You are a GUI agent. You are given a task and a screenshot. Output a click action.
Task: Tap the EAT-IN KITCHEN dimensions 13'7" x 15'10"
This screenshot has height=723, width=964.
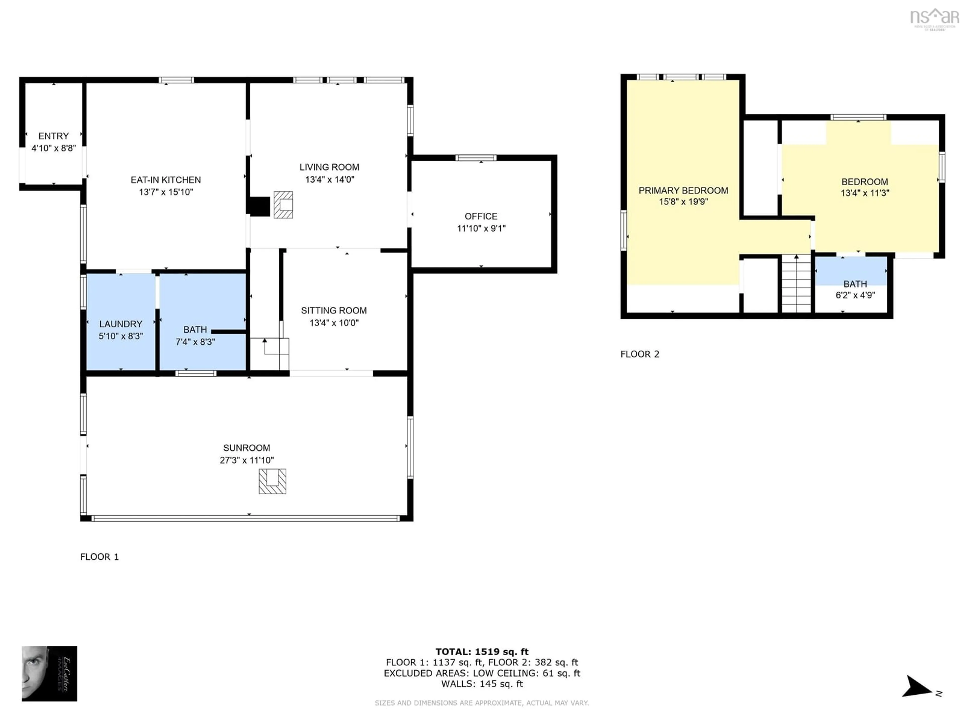166,192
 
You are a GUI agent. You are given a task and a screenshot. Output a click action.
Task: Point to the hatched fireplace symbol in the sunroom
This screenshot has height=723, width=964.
272,481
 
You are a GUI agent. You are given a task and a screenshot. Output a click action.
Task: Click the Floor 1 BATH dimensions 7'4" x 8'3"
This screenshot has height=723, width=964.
195,342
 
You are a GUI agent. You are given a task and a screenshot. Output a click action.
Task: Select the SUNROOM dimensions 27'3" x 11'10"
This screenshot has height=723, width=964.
247,460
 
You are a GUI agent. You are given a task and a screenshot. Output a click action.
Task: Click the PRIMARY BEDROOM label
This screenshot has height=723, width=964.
683,191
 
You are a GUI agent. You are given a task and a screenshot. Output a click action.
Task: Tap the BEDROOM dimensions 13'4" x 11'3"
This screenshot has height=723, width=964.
865,193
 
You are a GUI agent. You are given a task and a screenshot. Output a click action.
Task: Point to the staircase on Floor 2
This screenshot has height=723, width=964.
796,284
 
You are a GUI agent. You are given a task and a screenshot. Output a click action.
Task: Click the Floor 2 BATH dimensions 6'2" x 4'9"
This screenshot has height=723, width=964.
855,295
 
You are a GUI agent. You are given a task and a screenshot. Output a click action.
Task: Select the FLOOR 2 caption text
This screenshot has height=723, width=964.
639,354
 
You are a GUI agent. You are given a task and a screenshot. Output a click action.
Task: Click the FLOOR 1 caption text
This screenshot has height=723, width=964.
99,557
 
